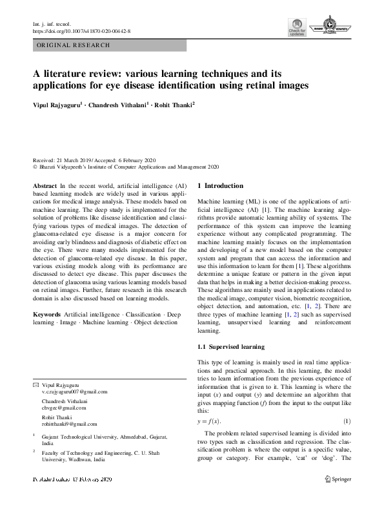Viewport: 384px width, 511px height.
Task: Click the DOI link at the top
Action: pyautogui.click(x=81, y=30)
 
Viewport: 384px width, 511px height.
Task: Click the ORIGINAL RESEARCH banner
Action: pyautogui.click(x=74, y=45)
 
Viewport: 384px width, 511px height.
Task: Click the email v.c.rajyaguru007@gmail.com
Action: pyautogui.click(x=75, y=391)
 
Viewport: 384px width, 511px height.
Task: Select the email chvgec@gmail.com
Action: pyautogui.click(x=64, y=408)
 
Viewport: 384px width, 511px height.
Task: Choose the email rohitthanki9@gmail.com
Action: pyautogui.click(x=69, y=424)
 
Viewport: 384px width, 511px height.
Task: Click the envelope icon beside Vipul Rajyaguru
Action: pyautogui.click(x=35, y=384)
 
